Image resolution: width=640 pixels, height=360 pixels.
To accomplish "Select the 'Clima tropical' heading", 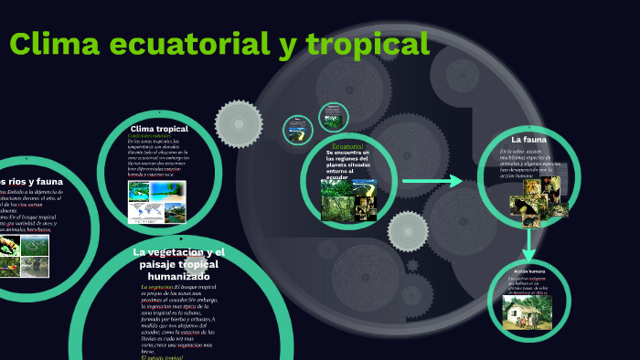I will [159, 129].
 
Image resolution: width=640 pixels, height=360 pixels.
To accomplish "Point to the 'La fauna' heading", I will [528, 139].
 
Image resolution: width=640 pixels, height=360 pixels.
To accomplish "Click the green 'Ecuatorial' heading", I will [348, 146].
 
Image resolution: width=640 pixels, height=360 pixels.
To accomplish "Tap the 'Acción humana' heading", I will [528, 272].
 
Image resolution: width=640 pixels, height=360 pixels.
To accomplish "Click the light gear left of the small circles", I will [238, 121].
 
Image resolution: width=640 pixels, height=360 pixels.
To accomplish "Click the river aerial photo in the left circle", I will [36, 267].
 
